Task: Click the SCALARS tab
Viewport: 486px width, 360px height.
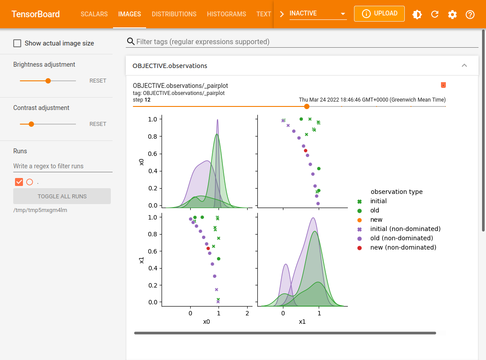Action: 94,14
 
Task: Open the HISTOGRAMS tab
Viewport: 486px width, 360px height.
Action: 226,14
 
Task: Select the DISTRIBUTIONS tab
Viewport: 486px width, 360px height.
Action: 174,14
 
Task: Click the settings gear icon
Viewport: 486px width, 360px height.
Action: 452,14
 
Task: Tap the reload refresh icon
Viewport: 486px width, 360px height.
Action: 435,14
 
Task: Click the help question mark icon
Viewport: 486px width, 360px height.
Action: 470,14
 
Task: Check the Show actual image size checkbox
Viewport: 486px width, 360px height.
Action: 17,43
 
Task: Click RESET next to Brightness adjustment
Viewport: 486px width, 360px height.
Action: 98,81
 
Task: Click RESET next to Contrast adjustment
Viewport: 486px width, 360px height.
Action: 98,124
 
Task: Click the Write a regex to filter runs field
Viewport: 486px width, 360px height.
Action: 63,166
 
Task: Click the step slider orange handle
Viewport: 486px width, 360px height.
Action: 307,106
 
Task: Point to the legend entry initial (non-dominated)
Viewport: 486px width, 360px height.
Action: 405,229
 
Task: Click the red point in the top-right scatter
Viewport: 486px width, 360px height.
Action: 305,151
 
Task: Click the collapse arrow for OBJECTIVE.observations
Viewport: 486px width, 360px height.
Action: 464,65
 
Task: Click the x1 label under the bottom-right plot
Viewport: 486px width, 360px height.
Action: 302,322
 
